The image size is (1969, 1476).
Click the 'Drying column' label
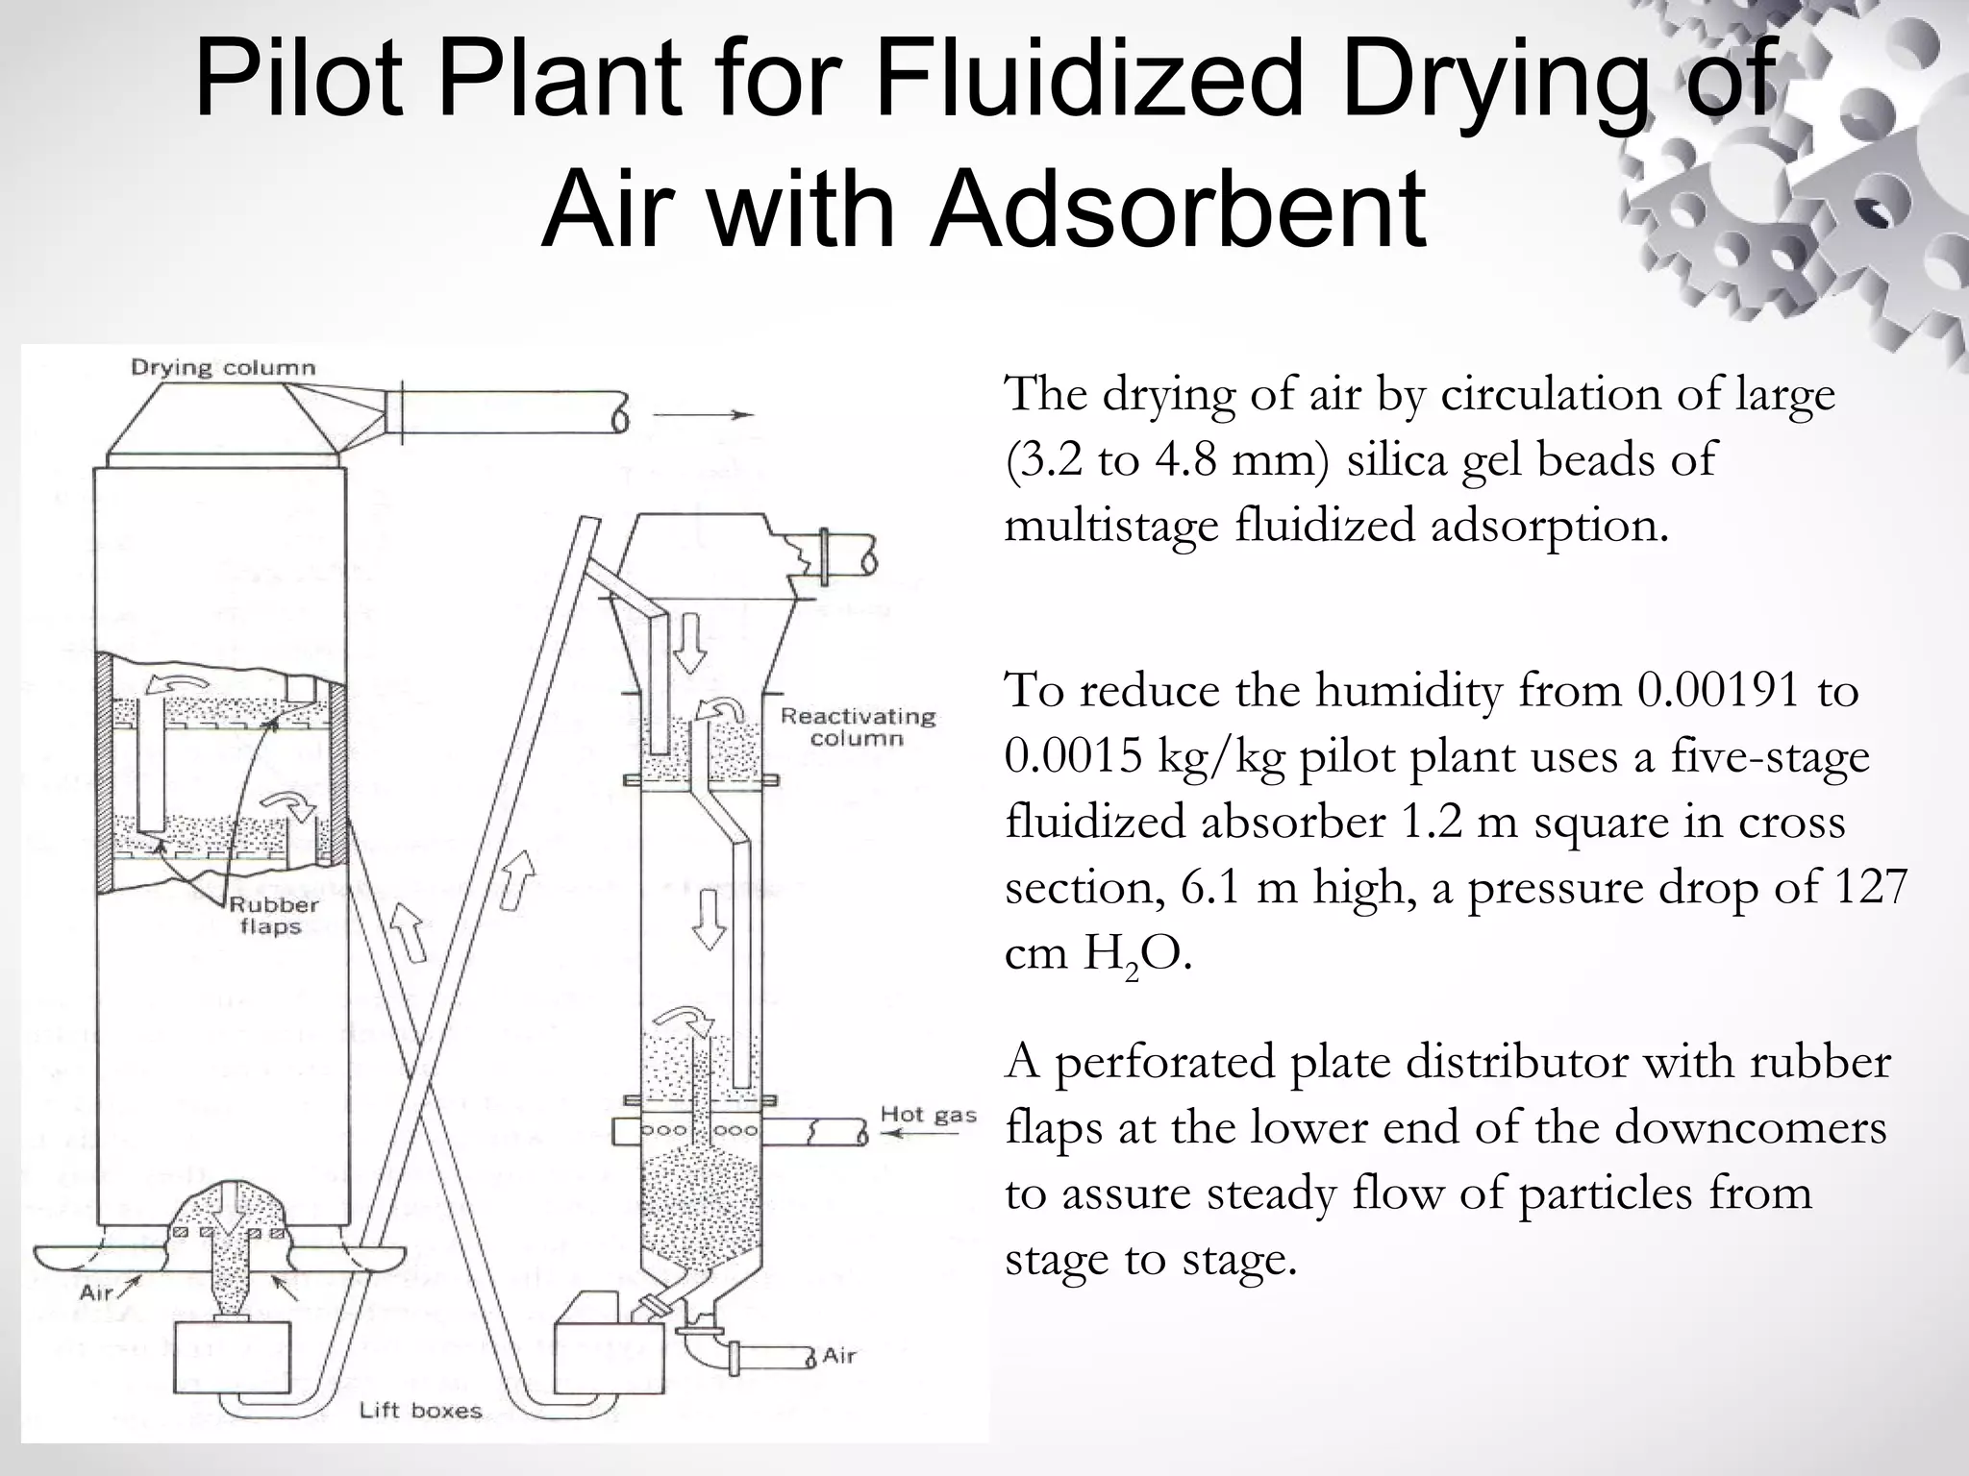pos(222,368)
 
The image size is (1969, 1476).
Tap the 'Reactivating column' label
pos(858,727)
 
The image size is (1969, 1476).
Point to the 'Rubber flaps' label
pos(273,916)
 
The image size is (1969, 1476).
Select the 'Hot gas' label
pos(928,1115)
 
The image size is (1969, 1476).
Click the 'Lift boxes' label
pos(420,1411)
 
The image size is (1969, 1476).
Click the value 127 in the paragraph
pos(1870,887)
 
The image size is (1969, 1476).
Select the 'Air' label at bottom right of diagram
pos(838,1356)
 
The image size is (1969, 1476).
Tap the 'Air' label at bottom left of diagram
pos(96,1291)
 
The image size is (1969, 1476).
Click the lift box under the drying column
pos(233,1356)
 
